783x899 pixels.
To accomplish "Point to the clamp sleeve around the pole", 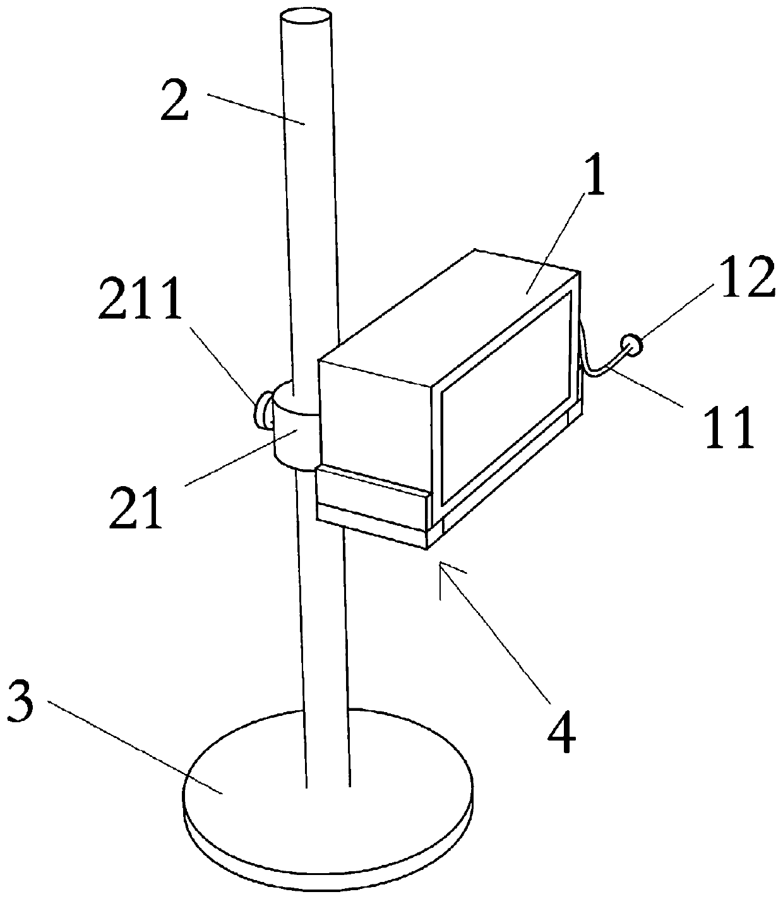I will [294, 436].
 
